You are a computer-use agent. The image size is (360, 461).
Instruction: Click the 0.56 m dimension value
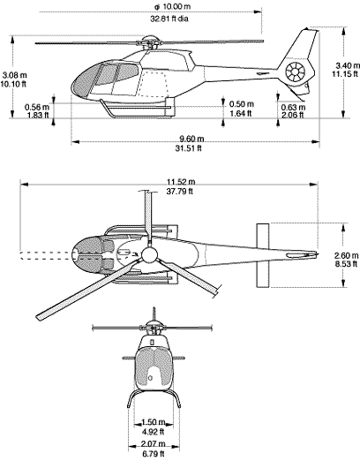tap(37, 107)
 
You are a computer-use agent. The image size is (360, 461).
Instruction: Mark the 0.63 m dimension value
tap(293, 107)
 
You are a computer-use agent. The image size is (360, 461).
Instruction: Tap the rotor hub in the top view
tap(149, 256)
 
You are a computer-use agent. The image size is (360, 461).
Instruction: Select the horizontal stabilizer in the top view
tap(262, 255)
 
